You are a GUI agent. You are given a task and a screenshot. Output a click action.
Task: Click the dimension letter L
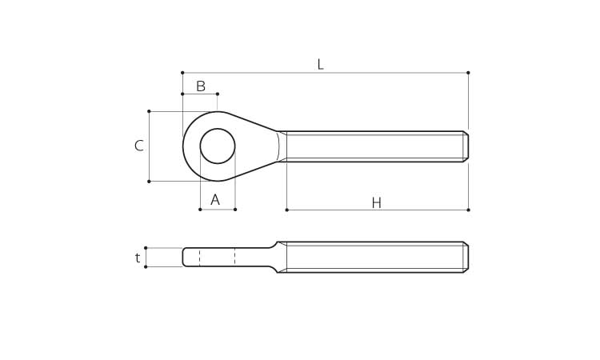321,64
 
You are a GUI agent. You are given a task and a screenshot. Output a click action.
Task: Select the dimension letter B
201,86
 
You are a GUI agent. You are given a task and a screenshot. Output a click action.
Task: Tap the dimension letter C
139,146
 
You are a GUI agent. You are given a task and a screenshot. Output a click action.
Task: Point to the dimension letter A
215,199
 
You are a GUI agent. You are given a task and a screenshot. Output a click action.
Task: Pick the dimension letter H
377,203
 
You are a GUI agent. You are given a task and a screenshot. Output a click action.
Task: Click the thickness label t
138,258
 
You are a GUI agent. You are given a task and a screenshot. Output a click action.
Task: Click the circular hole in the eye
218,146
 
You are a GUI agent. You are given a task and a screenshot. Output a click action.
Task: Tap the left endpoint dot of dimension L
182,73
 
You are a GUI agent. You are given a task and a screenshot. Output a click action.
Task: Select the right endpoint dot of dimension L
468,73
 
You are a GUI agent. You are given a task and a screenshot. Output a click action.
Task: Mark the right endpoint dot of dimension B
218,94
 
